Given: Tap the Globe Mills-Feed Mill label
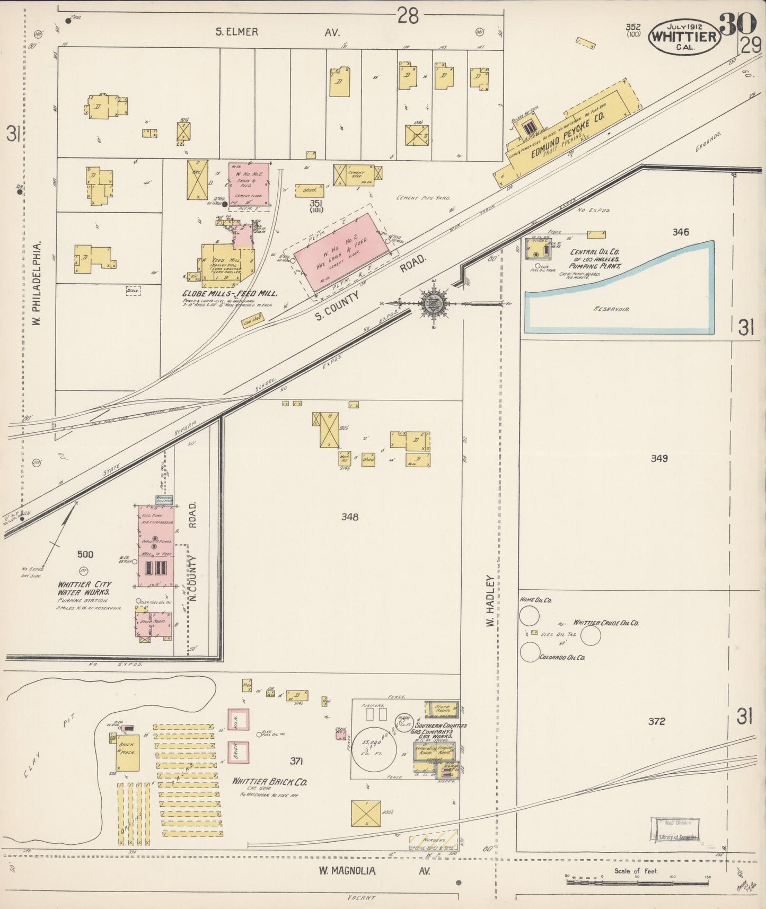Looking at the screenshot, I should click(231, 293).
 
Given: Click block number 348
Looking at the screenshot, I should click(350, 517).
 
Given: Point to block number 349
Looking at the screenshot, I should click(658, 458).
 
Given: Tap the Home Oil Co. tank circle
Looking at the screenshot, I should click(529, 616).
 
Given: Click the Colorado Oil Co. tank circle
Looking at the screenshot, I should click(530, 652).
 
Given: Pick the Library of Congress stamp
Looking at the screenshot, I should click(675, 830).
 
